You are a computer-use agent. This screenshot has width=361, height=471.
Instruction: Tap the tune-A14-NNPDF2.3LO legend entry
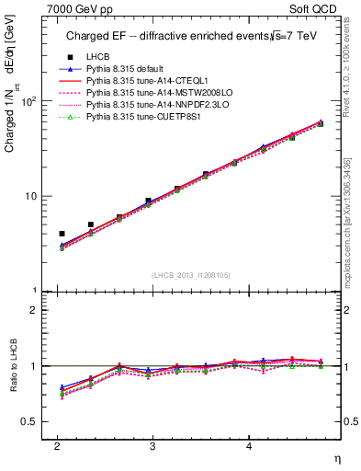coord(150,106)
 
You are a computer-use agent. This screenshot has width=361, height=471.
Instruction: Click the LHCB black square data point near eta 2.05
coord(62,234)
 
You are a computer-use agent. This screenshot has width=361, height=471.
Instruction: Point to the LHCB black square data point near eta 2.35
coord(90,224)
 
